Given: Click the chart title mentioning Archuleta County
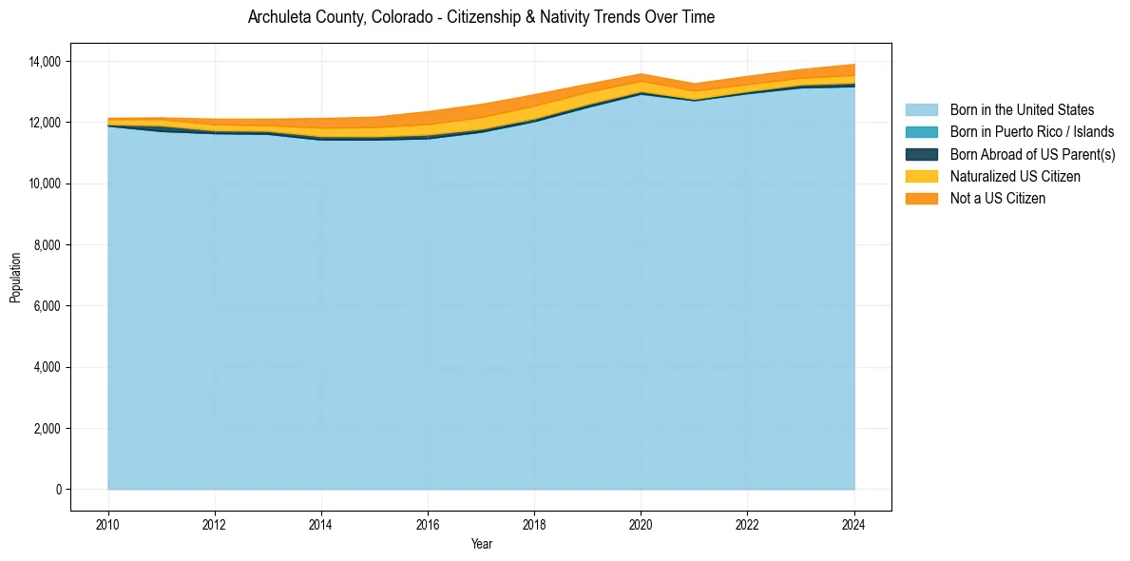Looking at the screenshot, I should coord(481,17).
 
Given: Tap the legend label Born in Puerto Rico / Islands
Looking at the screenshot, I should coord(1032,132).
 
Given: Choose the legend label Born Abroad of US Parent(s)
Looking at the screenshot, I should coord(1032,154).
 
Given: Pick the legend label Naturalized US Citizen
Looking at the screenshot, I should coord(1015,176).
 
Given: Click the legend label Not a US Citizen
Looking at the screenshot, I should coord(998,198).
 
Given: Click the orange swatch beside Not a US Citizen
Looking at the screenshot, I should coord(921,198).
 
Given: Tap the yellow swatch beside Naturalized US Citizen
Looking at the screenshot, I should coord(921,176).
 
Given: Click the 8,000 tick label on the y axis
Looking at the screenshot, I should coord(47,245).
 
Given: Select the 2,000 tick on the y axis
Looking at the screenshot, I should coord(47,429).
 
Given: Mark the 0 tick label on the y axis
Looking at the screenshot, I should coord(57,490).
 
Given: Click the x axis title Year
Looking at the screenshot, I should coord(481,544).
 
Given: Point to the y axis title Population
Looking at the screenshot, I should coord(15,277).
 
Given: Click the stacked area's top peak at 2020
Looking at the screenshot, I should coord(641,74).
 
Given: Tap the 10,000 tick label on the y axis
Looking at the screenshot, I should coord(44,184).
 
